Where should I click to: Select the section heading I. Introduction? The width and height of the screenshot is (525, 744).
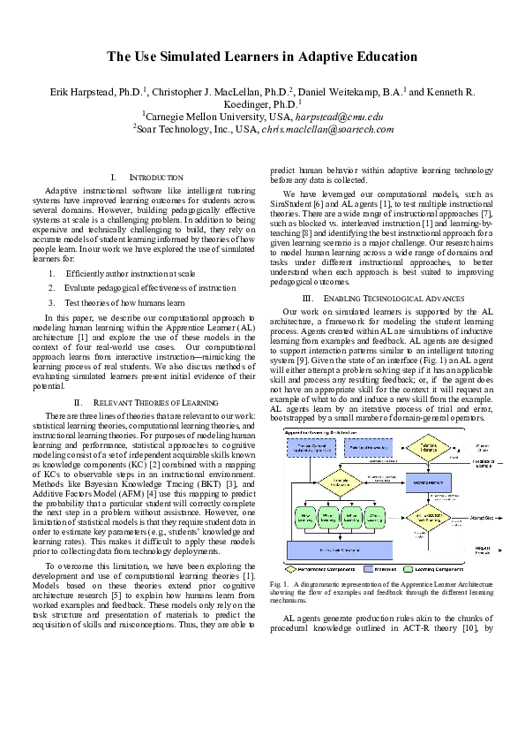click(x=149, y=178)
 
